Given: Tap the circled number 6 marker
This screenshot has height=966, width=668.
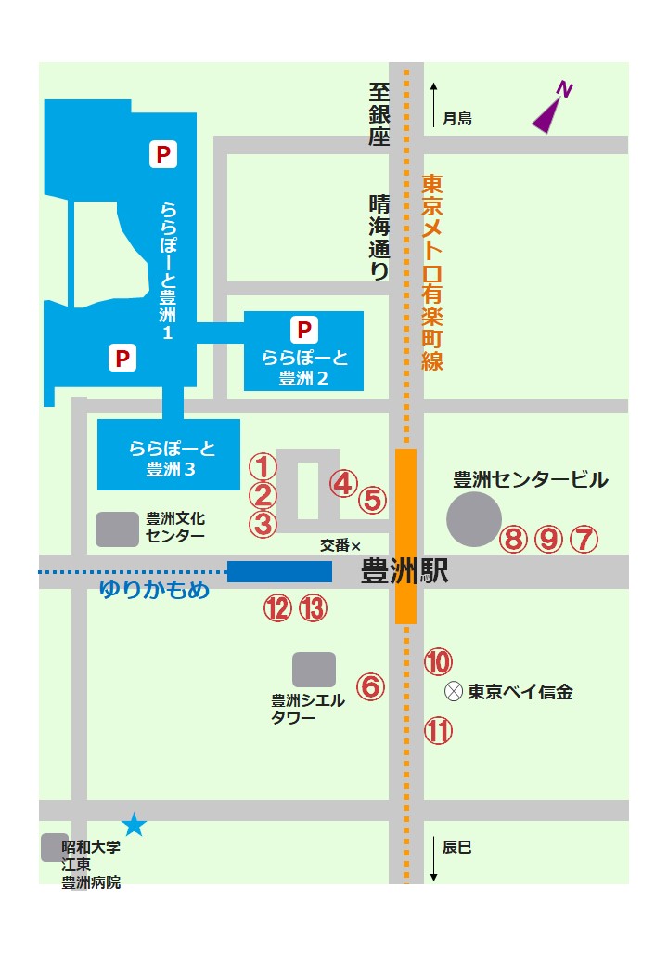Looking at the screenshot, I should [370, 686].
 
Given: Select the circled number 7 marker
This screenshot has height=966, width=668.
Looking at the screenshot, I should [584, 539].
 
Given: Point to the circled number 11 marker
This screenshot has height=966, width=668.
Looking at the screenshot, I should [438, 731].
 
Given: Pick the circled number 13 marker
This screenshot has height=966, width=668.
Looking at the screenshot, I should [314, 608].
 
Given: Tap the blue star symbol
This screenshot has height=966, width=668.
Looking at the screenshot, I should [135, 823].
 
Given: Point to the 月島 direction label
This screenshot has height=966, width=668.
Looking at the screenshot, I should [457, 119].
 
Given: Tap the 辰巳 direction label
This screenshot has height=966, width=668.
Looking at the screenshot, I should [457, 847].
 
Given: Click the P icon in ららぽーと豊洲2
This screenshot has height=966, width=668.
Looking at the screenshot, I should [303, 329].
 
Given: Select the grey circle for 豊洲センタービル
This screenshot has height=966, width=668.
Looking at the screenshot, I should [474, 518].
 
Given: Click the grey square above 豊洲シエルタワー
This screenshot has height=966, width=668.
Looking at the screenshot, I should [315, 670].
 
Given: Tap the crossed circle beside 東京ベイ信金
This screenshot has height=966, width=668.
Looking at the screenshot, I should [453, 691].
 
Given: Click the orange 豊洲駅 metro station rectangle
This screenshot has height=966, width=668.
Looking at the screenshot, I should [405, 536].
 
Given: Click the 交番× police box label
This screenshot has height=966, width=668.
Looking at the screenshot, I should [340, 545].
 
